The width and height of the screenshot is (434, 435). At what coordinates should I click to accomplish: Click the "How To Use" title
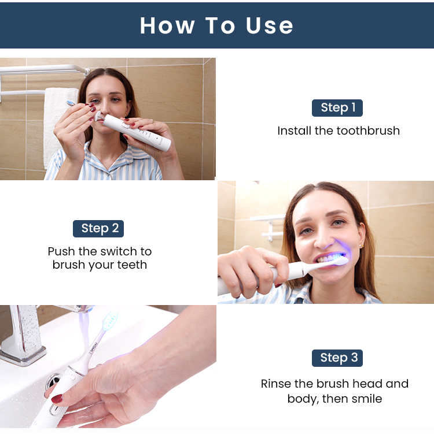pyautogui.click(x=216, y=25)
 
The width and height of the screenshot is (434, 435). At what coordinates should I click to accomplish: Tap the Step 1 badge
pyautogui.click(x=337, y=108)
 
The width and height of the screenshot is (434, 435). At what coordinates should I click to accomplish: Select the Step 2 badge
pyautogui.click(x=98, y=229)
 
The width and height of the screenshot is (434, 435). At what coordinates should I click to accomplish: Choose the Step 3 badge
pyautogui.click(x=337, y=358)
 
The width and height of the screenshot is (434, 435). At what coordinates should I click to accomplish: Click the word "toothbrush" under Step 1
pyautogui.click(x=357, y=131)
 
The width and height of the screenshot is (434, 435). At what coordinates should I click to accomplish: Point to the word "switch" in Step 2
pyautogui.click(x=119, y=251)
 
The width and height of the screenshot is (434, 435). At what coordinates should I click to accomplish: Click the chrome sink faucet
pyautogui.click(x=25, y=333)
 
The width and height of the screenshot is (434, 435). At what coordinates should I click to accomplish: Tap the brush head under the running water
pyautogui.click(x=111, y=321)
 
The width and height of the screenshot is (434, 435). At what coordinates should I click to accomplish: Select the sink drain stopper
pyautogui.click(x=53, y=381)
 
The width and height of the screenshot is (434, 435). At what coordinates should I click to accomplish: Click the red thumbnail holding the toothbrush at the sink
pyautogui.click(x=57, y=399)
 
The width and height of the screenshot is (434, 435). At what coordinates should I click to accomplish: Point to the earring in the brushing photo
pyautogui.click(x=362, y=246)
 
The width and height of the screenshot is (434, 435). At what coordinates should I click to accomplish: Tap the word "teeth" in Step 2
pyautogui.click(x=132, y=265)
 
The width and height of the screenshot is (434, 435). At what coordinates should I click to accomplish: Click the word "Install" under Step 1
pyautogui.click(x=294, y=131)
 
